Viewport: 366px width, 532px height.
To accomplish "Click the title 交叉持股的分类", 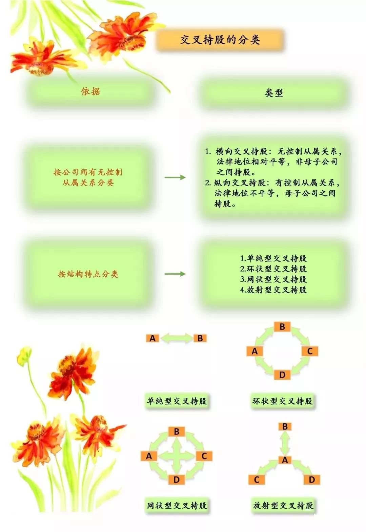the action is (220, 40).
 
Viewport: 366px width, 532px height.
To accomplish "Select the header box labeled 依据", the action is (90, 92).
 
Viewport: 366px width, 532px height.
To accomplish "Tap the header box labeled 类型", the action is (274, 93).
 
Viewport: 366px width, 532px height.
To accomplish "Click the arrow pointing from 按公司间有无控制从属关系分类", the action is (175, 177).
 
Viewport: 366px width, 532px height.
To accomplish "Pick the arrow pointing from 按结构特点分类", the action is (175, 274).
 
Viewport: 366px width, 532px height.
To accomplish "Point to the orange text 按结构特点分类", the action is (88, 274).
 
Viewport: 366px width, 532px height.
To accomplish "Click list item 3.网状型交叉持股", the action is (273, 279).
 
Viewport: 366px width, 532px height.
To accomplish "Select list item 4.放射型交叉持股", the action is (273, 290).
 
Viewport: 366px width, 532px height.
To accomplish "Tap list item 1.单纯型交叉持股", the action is (273, 258).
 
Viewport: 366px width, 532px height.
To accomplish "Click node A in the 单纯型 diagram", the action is (152, 338).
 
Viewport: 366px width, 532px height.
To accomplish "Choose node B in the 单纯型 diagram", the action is (200, 338).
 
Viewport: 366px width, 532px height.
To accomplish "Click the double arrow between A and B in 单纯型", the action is (176, 338).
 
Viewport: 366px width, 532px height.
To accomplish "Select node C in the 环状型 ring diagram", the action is (310, 351).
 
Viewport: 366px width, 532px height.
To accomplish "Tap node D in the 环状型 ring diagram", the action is (282, 375).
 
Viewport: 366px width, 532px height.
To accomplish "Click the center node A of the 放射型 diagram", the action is (285, 460).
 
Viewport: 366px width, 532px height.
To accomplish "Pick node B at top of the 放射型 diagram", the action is (285, 427).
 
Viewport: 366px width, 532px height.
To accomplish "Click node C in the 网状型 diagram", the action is (204, 456).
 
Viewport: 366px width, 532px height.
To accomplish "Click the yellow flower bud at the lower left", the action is (24, 356).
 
